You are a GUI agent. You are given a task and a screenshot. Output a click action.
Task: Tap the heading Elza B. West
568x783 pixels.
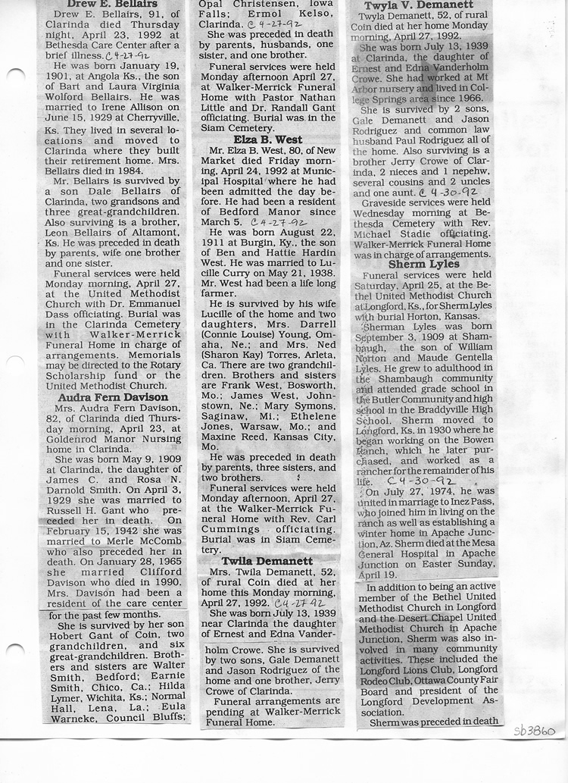tap(267, 139)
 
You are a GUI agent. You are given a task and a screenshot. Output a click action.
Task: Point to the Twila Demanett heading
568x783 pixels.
tap(267, 561)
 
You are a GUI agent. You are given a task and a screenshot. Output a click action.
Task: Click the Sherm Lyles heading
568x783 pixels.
tap(424, 265)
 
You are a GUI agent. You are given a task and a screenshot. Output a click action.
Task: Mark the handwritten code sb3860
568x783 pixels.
tap(534, 731)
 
